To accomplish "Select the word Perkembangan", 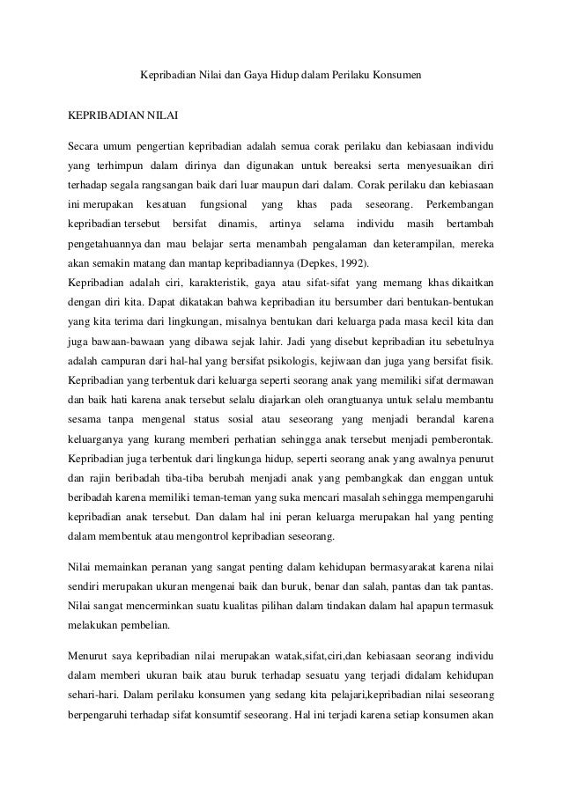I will (x=460, y=204).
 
